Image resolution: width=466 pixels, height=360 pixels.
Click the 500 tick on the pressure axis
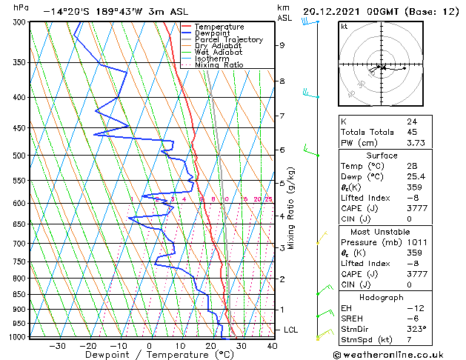[16, 156]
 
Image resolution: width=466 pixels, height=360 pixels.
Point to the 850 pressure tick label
[16, 294]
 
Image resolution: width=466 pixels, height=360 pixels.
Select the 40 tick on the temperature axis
[272, 345]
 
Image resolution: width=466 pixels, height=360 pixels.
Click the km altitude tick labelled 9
[282, 45]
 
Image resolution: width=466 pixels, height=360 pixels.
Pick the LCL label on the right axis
[292, 330]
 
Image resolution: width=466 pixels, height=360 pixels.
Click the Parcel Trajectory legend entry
[228, 39]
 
